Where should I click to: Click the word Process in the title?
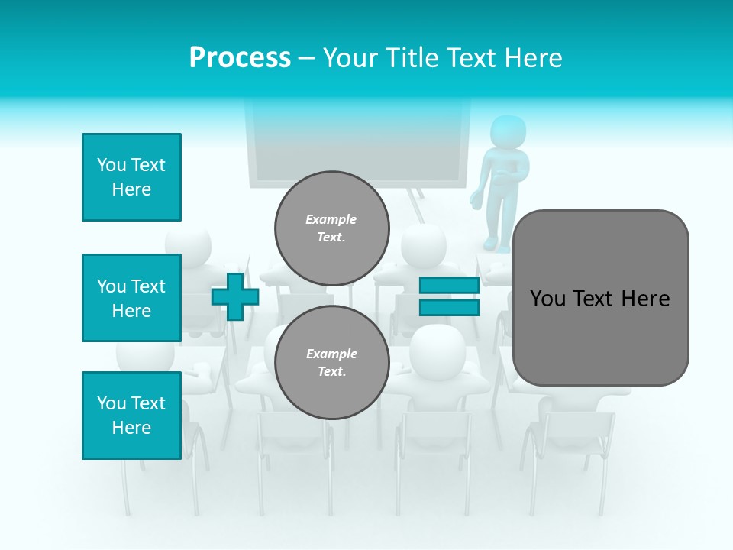(x=240, y=58)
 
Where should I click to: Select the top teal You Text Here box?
(x=131, y=177)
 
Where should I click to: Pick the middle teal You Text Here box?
(x=131, y=298)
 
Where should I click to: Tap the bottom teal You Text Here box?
(x=131, y=416)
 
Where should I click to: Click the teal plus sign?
(x=235, y=296)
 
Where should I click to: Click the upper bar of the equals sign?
(x=449, y=285)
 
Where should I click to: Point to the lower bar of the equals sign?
(x=449, y=307)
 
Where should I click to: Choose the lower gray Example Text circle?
(x=331, y=362)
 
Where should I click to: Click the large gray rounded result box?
(x=600, y=336)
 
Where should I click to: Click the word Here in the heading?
(x=532, y=58)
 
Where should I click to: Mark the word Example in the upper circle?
(x=331, y=219)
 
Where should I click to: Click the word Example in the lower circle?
(x=331, y=354)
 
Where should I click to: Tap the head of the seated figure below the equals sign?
(x=437, y=348)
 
